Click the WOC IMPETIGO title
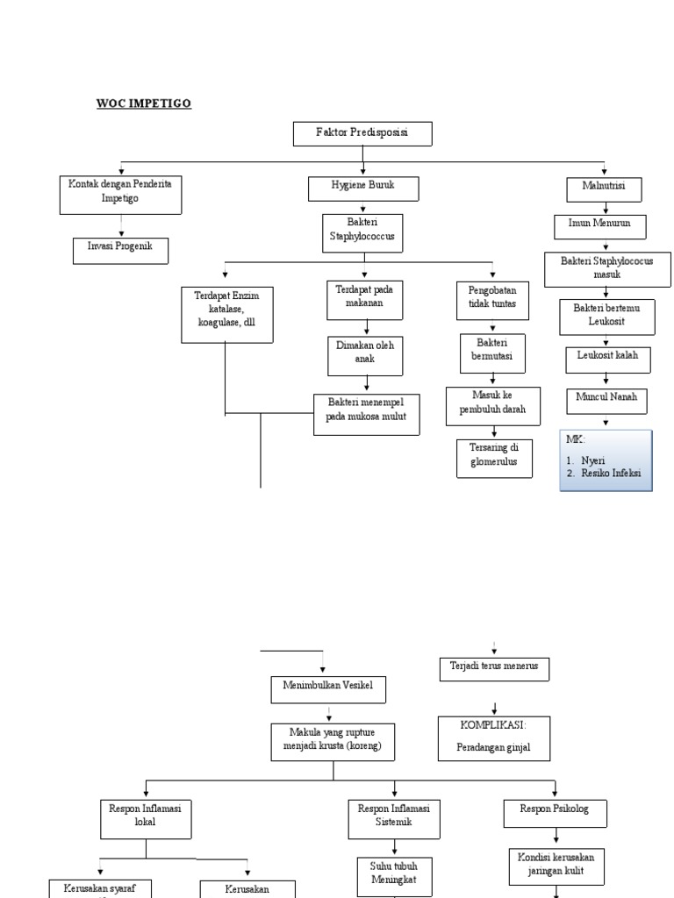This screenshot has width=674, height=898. pyautogui.click(x=143, y=103)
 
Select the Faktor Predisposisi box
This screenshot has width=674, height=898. pyautogui.click(x=362, y=134)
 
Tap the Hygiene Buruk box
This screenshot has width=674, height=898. pyautogui.click(x=362, y=189)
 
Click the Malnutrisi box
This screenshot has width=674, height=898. pyautogui.click(x=606, y=189)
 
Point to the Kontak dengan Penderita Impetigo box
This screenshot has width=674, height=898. pyautogui.click(x=121, y=195)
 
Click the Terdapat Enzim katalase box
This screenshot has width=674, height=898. pyautogui.click(x=226, y=315)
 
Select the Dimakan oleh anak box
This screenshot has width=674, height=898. pyautogui.click(x=365, y=353)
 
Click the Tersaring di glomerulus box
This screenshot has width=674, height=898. pyautogui.click(x=494, y=458)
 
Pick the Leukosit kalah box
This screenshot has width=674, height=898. pyautogui.click(x=606, y=360)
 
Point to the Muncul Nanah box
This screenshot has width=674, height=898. pyautogui.click(x=606, y=400)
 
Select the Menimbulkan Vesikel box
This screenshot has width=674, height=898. pyautogui.click(x=328, y=689)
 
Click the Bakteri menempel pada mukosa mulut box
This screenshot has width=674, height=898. pyautogui.click(x=366, y=415)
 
